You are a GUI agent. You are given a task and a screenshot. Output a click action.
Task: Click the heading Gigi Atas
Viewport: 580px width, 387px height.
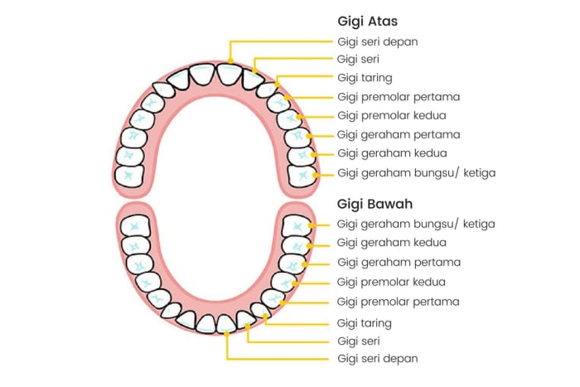(x=368, y=21)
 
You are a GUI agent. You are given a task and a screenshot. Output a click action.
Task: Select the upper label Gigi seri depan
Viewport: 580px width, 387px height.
(x=377, y=41)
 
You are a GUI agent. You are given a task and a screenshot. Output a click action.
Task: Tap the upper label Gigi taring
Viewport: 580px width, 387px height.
(x=365, y=78)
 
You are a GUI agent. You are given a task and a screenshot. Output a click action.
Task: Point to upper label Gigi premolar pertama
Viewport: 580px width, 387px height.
(x=399, y=97)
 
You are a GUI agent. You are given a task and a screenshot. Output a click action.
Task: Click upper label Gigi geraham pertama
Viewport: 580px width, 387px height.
(x=399, y=134)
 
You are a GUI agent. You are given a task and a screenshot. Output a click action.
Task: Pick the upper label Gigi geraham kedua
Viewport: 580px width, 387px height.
(x=392, y=153)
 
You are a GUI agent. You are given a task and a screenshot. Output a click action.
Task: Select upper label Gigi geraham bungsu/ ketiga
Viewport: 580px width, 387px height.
(x=416, y=172)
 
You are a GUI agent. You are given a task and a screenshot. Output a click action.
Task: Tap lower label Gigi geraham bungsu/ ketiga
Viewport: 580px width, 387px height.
(x=416, y=224)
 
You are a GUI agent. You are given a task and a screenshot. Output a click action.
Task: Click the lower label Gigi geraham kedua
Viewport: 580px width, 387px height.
(x=392, y=243)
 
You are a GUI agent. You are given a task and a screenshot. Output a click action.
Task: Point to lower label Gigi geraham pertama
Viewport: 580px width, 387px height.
(x=399, y=262)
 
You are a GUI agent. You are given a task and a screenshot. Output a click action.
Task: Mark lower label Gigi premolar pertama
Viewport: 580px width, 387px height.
(x=399, y=301)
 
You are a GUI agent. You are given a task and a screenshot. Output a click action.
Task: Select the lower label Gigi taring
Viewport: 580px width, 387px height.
(x=365, y=322)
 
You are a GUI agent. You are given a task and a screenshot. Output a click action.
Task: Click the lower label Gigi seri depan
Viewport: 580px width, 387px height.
(x=377, y=359)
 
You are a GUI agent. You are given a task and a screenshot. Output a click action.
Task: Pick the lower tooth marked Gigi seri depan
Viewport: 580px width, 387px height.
(x=227, y=322)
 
